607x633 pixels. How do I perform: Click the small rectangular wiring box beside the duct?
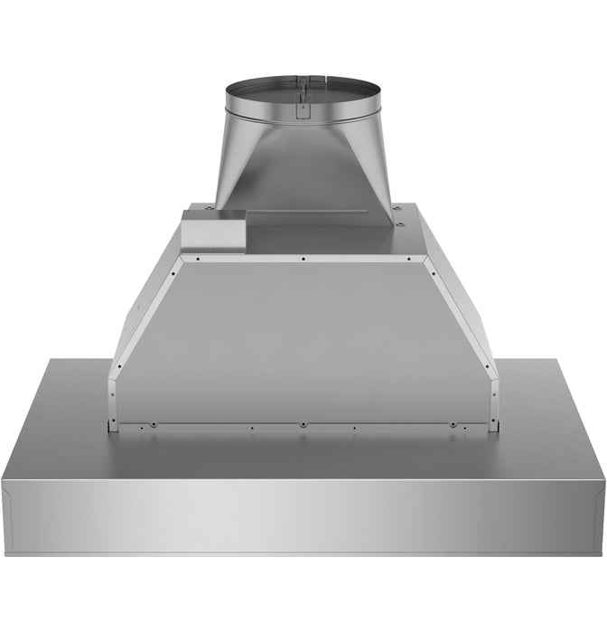pyautogui.click(x=212, y=231)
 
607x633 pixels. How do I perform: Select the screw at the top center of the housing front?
pyautogui.click(x=303, y=259)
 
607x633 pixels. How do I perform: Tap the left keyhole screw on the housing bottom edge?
pyautogui.click(x=154, y=421)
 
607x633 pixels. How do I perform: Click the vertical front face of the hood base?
pyautogui.click(x=303, y=515)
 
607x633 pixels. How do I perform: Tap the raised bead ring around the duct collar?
pyautogui.click(x=303, y=118)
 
